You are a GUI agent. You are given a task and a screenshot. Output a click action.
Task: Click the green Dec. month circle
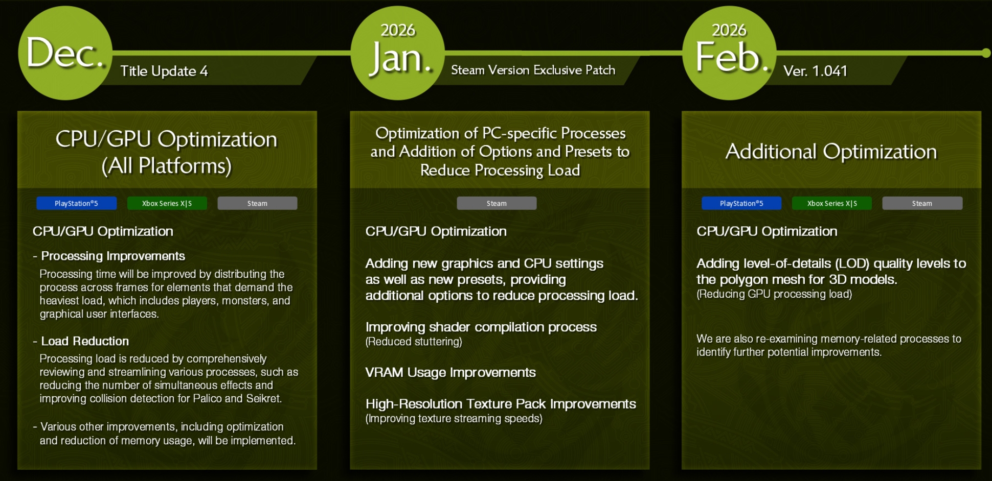point(65,53)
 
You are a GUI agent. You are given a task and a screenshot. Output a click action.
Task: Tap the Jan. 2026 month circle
point(397,53)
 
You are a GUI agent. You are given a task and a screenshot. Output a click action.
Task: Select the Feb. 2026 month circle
point(729,53)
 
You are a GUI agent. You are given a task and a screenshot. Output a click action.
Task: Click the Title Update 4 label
point(164,71)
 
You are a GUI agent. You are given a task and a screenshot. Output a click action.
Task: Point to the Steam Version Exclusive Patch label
point(533,70)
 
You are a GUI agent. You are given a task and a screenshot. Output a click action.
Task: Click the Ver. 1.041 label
point(815,71)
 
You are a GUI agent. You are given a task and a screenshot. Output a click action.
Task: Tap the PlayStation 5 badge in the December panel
point(76,203)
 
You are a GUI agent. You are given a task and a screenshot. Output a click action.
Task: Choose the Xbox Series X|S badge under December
point(167,203)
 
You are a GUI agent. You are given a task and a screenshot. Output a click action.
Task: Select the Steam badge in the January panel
point(497,203)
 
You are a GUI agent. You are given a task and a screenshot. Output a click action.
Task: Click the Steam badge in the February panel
point(922,203)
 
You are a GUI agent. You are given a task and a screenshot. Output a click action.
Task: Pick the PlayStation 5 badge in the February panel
point(741,203)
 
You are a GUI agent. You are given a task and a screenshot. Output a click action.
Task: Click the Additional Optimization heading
point(831,151)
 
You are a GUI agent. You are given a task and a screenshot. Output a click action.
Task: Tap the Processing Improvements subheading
point(113,256)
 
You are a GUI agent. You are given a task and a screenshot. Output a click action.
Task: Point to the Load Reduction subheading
point(85,341)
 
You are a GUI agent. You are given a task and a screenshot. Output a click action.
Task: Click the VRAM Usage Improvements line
point(450,373)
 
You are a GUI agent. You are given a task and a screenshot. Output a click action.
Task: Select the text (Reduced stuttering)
point(414,342)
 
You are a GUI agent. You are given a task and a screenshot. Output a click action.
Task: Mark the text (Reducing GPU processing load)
point(774,294)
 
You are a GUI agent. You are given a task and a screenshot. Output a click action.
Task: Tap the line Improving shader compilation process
point(481,327)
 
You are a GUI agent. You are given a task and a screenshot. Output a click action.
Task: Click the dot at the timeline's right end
point(986,53)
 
